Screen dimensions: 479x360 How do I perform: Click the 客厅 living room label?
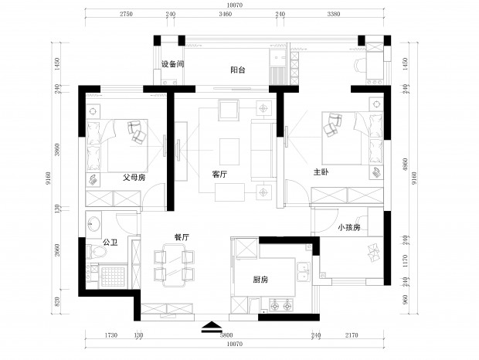(219, 175)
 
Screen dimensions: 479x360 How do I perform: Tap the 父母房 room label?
(134, 177)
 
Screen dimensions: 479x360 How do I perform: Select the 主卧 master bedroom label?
(321, 172)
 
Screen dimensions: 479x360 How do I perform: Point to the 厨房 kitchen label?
(260, 279)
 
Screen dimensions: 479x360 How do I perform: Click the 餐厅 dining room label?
(182, 237)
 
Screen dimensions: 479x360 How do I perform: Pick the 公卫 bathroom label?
(110, 243)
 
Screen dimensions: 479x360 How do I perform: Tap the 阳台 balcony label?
(238, 70)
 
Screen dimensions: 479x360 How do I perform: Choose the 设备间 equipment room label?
(173, 64)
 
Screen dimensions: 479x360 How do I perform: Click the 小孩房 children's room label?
(349, 227)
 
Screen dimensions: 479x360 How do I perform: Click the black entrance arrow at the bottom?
(212, 327)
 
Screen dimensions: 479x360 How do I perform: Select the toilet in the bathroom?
(97, 252)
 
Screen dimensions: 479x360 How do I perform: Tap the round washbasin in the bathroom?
(93, 224)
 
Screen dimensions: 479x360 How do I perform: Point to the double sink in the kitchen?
(304, 271)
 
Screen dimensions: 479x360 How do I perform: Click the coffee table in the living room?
(229, 151)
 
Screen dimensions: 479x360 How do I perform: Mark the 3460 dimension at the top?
(226, 14)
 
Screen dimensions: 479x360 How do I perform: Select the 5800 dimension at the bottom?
(226, 335)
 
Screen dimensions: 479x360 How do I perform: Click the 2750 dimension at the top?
(126, 14)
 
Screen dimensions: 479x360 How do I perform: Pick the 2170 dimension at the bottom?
(352, 335)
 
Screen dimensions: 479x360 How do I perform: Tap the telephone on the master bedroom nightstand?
(376, 173)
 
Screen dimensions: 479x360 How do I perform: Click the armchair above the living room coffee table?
(228, 110)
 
